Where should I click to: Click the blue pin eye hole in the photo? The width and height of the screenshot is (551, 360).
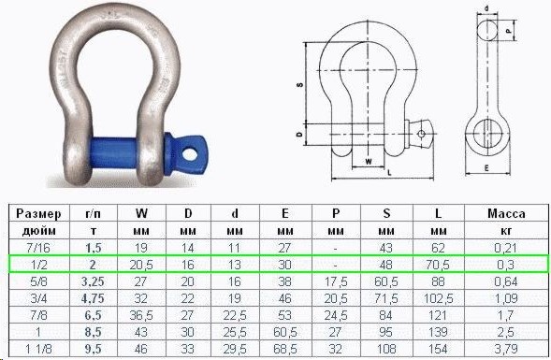pos(190,154)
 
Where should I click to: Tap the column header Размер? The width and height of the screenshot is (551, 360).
pos(38,213)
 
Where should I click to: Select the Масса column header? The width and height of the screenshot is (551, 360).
pos(506,213)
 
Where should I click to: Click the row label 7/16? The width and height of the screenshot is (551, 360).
pos(38,248)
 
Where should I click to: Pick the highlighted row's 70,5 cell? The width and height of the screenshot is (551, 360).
pos(438,265)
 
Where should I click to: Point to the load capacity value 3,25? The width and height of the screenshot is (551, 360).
pos(94,281)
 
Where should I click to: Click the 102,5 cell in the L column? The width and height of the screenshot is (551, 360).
pos(438,298)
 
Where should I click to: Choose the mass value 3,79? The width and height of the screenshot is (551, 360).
pos(506,349)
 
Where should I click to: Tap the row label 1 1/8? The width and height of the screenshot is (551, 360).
pos(38,349)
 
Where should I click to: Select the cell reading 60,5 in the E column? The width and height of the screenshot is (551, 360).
pos(285,332)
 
